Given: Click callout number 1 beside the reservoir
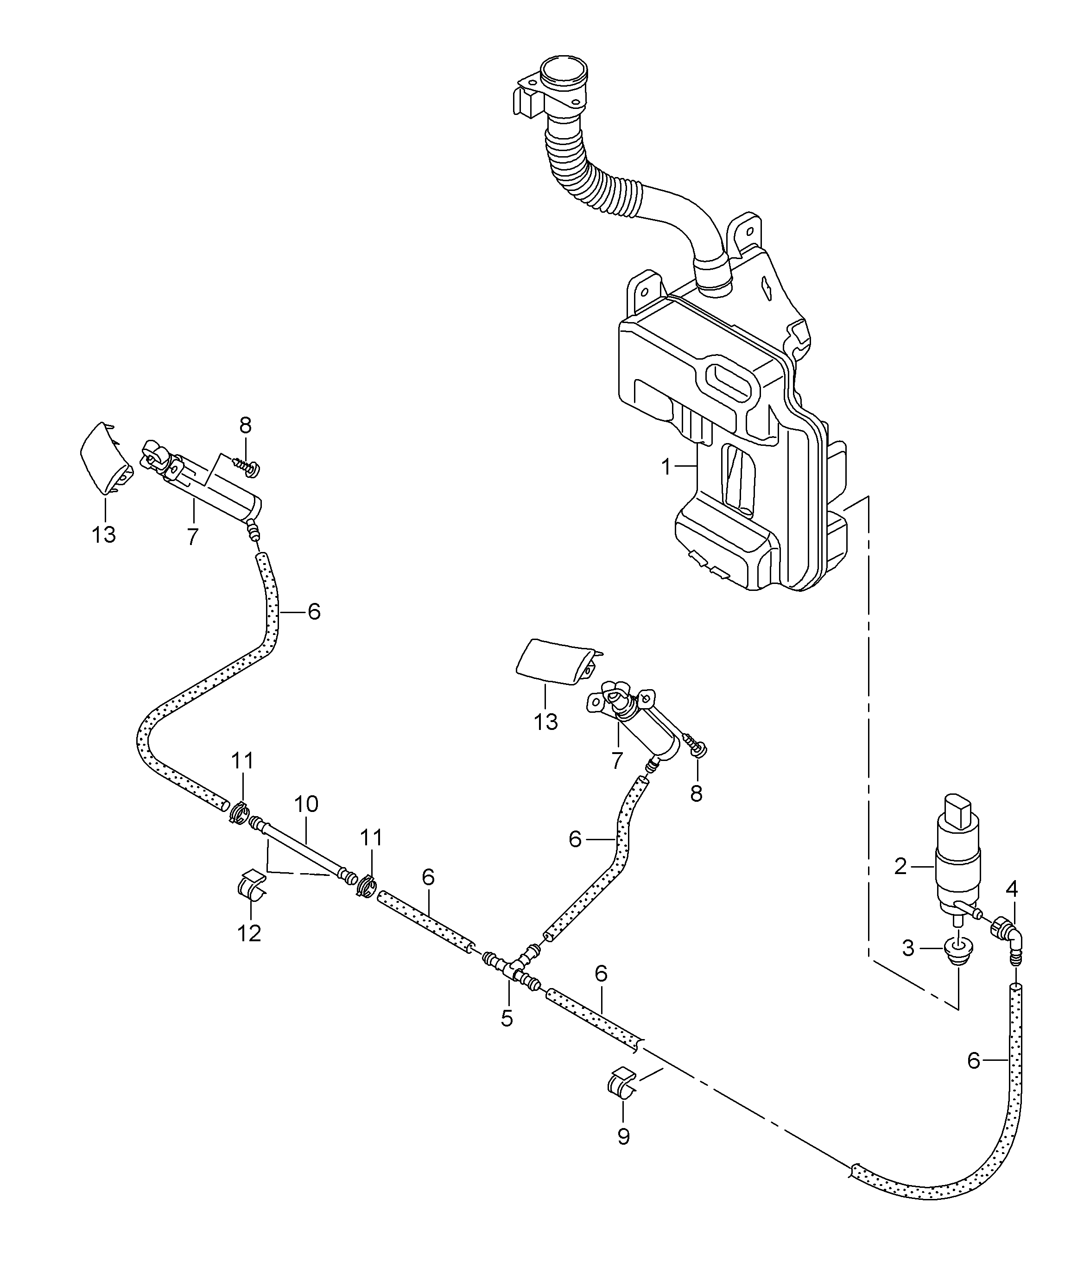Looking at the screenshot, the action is pyautogui.click(x=666, y=467).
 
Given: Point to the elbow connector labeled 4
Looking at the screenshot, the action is pyautogui.click(x=1007, y=941).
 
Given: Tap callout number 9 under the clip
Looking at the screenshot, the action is pyautogui.click(x=624, y=1137).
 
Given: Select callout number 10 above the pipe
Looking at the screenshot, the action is pyautogui.click(x=306, y=804).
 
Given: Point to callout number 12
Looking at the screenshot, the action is pyautogui.click(x=249, y=933).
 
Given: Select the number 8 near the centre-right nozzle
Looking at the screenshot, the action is pyautogui.click(x=696, y=794).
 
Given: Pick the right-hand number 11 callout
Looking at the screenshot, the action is pyautogui.click(x=371, y=838).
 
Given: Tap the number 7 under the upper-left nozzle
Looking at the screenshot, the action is pyautogui.click(x=193, y=537).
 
